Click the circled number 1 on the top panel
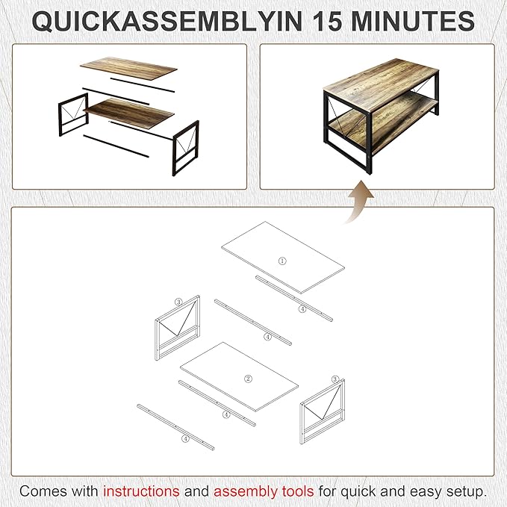tap(282, 261)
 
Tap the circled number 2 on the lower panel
tap(249, 379)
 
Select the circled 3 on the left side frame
tap(178, 302)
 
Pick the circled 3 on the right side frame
tap(335, 379)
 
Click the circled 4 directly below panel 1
tap(302, 308)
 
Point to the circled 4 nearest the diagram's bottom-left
tap(185, 439)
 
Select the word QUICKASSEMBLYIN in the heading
tap(154, 21)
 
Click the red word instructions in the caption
tap(141, 491)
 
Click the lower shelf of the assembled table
tap(403, 131)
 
